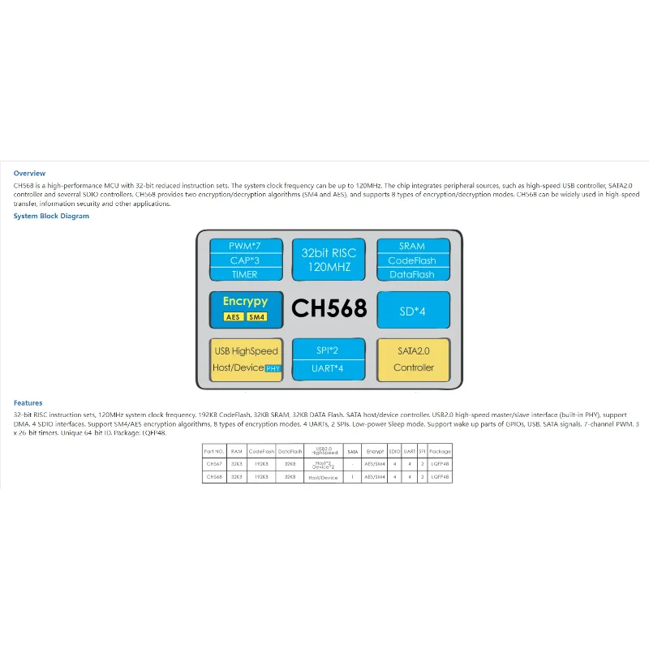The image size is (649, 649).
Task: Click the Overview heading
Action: (x=29, y=174)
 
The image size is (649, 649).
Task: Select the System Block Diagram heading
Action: (x=51, y=216)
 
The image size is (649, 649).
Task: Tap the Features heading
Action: (x=28, y=402)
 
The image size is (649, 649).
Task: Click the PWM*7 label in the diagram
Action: (x=246, y=246)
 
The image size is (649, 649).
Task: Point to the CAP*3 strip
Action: (x=246, y=260)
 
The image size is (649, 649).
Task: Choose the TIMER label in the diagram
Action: (x=246, y=274)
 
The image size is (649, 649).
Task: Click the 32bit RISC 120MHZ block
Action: (x=329, y=260)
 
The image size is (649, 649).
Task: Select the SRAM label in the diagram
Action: (x=412, y=246)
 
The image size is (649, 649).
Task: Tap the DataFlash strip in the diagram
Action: (x=412, y=274)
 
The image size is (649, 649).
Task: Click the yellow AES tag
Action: (x=232, y=316)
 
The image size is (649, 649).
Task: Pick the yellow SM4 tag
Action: (x=256, y=316)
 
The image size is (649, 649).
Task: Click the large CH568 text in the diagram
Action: (x=329, y=308)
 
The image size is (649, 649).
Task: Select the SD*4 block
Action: (x=412, y=309)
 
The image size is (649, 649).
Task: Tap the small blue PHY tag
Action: (x=273, y=368)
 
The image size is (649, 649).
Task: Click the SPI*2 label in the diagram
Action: (x=329, y=350)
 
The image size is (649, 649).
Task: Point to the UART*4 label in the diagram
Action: (x=329, y=368)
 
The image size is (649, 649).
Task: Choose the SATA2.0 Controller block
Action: (x=414, y=359)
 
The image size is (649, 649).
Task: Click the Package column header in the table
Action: (x=440, y=451)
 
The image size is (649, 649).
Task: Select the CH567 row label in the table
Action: (x=213, y=464)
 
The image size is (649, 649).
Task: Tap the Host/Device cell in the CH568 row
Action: (x=323, y=477)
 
